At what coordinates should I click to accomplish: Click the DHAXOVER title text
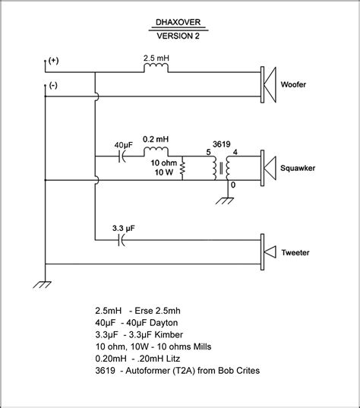178,22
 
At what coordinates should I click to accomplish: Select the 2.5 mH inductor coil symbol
156,67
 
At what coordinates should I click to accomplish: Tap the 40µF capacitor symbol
122,157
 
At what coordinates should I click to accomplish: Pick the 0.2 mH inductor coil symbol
156,151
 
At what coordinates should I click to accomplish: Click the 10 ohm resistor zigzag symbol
182,168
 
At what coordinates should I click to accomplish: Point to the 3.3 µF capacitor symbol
122,240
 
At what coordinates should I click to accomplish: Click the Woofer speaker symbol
268,84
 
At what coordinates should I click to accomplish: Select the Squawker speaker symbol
268,168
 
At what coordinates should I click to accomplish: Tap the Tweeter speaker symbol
268,252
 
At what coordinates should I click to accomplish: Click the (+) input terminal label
53,61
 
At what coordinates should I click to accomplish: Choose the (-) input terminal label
53,85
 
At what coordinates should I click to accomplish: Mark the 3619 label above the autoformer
221,144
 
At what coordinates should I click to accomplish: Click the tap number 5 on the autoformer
208,152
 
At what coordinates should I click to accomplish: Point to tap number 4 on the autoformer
235,152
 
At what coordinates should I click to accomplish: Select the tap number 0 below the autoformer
233,185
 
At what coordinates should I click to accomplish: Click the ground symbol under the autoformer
225,201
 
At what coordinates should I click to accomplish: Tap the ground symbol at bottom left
42,285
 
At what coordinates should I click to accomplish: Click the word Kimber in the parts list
169,334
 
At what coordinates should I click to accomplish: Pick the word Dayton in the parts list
164,323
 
